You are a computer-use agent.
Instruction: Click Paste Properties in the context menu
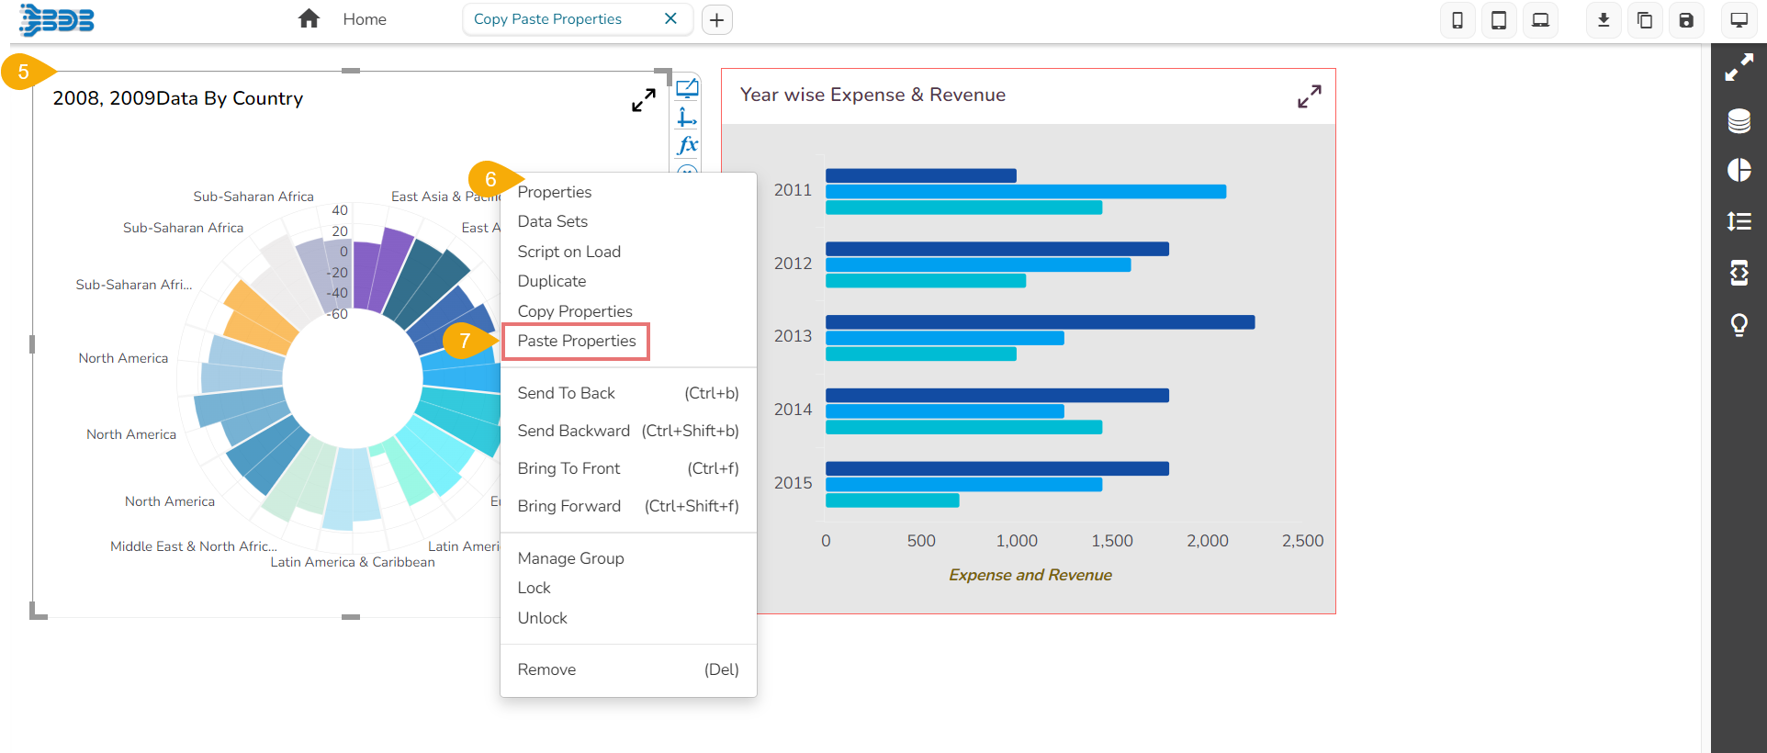pos(576,341)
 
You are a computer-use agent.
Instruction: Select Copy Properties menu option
pos(574,311)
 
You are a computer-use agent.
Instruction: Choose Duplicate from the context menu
pos(551,281)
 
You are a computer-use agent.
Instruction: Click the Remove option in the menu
pos(546,669)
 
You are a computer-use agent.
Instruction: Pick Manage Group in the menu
pos(570,558)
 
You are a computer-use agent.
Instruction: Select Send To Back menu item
pos(566,393)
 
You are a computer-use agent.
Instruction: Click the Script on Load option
pos(568,252)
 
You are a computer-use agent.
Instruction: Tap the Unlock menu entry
pos(542,618)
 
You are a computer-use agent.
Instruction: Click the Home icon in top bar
pos(309,19)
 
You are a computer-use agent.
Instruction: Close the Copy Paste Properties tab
pos(670,18)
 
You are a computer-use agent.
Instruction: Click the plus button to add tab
pos(716,19)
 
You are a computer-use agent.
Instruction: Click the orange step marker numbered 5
pos(23,72)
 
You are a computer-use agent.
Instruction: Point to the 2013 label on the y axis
pos(793,336)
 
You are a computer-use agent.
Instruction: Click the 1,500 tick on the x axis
pos(1111,541)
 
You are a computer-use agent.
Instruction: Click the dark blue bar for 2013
pos(1039,322)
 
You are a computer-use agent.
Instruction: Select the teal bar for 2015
pos(891,500)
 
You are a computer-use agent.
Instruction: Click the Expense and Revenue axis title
pos(1030,575)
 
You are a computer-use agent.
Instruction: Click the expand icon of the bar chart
pos(1309,96)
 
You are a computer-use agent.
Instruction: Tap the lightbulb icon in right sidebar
pos(1739,325)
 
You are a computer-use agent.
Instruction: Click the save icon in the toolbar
pos(1685,20)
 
